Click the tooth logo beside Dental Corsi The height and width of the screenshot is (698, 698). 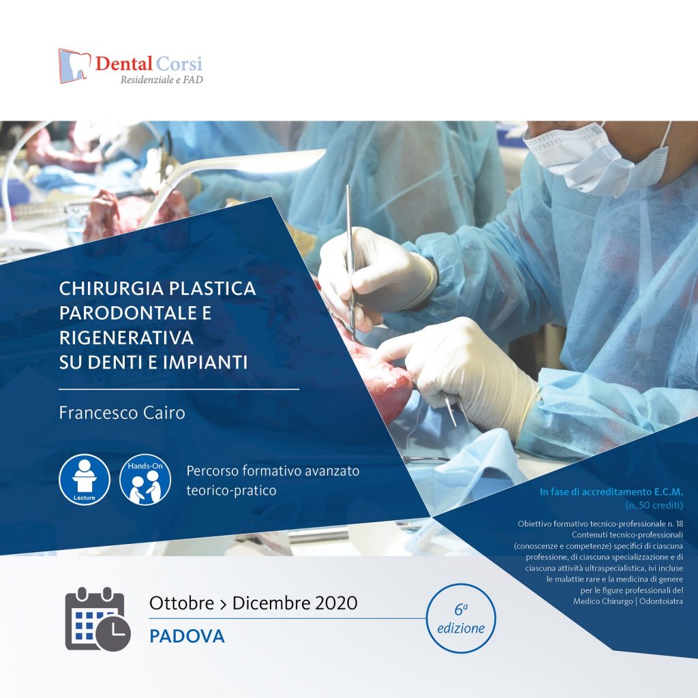[74, 65]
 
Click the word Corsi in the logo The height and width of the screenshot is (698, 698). [179, 65]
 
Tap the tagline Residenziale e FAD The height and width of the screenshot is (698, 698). [161, 80]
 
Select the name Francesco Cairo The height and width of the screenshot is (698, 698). [121, 413]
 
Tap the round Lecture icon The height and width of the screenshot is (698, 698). [84, 479]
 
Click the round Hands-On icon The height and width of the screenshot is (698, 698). [145, 479]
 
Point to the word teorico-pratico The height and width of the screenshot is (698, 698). [231, 489]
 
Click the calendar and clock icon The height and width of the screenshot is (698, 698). [97, 619]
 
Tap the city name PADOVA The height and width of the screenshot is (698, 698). [187, 637]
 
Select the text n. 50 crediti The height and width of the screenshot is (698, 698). [654, 505]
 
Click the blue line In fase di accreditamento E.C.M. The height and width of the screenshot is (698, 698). [611, 492]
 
